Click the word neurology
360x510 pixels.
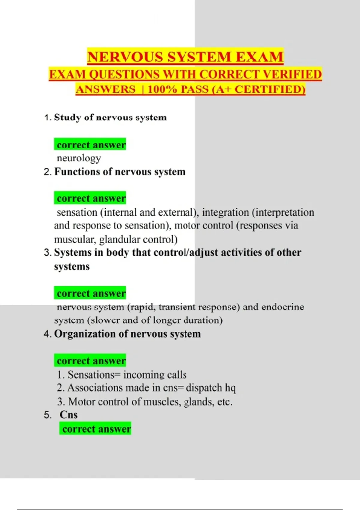click(x=79, y=158)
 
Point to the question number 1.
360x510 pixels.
click(x=47, y=118)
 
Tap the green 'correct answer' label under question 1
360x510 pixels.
click(x=90, y=145)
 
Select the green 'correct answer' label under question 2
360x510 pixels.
click(x=90, y=198)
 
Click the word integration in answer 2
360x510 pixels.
click(x=225, y=212)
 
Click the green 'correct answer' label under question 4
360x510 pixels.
click(x=90, y=361)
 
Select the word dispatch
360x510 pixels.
click(x=204, y=388)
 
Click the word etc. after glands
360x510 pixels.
click(x=225, y=402)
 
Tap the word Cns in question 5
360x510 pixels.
click(x=68, y=415)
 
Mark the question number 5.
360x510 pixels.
click(x=47, y=415)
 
